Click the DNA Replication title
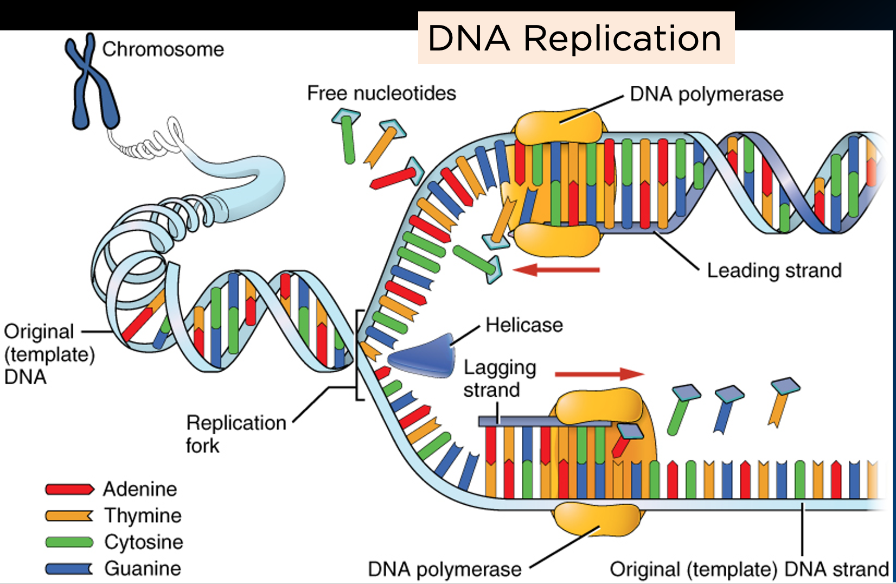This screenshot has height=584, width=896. click(575, 39)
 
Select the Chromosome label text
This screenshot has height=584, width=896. click(163, 49)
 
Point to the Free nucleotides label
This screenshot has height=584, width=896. click(381, 93)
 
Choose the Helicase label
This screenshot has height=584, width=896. click(524, 325)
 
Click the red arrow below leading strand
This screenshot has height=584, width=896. click(556, 269)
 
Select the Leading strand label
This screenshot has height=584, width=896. click(774, 270)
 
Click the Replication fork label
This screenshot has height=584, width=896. click(235, 434)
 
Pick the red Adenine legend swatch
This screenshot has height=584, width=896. click(69, 489)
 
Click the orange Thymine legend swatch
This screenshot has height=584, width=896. click(69, 516)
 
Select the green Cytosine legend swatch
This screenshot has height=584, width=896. click(69, 542)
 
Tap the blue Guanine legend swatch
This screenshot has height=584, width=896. click(69, 568)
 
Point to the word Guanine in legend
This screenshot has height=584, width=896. click(143, 568)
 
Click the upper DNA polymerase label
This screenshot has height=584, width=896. click(706, 94)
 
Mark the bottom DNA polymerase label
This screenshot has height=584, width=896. click(444, 569)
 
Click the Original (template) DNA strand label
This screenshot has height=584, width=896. click(749, 569)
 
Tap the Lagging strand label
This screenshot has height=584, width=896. click(499, 378)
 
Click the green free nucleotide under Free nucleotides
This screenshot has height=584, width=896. click(348, 138)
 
